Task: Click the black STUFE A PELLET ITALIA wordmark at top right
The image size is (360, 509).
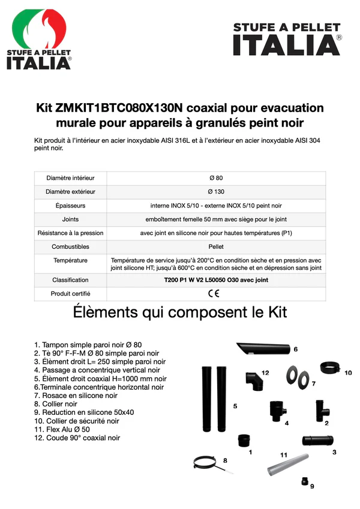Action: point(287,40)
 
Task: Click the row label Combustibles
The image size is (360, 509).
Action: point(70,246)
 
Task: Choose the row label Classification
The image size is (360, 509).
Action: point(70,280)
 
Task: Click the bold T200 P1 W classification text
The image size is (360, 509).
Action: point(215,280)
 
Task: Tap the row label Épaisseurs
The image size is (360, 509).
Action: point(70,206)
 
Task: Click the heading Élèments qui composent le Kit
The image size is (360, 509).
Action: point(179,313)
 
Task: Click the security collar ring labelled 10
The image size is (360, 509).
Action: point(330,367)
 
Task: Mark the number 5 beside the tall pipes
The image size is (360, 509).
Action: point(235,406)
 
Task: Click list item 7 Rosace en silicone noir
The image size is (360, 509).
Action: point(76,396)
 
